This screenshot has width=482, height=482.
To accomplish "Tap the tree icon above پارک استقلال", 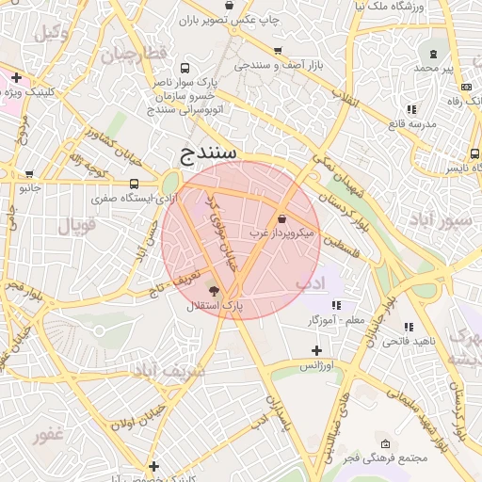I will pos(213,292).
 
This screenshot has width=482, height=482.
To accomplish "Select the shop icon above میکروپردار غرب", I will pos(282,218).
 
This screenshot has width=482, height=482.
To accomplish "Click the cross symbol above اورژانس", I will pos(316,351).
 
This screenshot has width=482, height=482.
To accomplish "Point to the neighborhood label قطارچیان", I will pos(134,52).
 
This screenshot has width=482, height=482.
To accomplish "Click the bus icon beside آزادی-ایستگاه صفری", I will pos(134,185).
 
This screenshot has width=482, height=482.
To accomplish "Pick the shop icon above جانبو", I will pos(30,174).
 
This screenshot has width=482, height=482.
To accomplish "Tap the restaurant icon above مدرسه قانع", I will pos(395,110).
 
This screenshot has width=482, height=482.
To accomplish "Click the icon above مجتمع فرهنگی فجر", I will pos(384,443).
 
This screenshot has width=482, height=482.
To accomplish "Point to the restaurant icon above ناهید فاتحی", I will pos(409,327).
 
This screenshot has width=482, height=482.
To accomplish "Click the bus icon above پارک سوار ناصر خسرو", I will pos(184,68).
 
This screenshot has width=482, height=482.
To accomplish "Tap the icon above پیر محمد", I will pos(433,54).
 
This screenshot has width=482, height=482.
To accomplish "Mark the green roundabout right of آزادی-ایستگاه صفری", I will pos(171,182).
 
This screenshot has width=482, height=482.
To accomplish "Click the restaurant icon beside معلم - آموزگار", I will pos(336,304).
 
